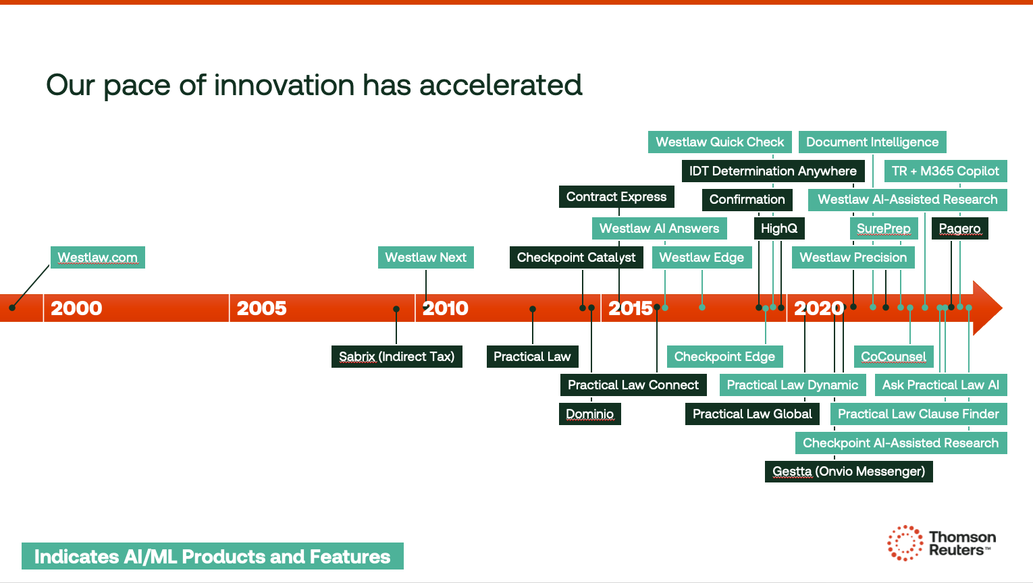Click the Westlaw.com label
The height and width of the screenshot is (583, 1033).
click(98, 257)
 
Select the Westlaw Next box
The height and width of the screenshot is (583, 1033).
click(425, 257)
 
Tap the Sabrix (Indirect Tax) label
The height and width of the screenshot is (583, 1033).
click(396, 357)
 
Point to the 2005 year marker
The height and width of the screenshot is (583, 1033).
click(261, 308)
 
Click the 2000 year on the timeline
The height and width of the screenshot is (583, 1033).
click(76, 308)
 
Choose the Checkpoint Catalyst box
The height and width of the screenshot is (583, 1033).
click(576, 257)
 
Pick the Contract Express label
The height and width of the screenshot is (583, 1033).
click(616, 197)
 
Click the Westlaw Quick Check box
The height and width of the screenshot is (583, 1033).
click(720, 142)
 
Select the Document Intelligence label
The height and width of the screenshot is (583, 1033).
click(872, 142)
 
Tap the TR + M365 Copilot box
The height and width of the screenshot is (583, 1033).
click(945, 171)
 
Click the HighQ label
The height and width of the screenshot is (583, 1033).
click(779, 228)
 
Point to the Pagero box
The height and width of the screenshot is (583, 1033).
click(959, 228)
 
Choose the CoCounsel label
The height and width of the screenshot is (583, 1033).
click(893, 357)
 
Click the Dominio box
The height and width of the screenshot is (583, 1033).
click(590, 414)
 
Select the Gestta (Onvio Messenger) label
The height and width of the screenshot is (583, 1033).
click(849, 472)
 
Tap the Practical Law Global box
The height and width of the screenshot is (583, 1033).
click(752, 414)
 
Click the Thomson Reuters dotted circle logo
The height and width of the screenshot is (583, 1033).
click(905, 543)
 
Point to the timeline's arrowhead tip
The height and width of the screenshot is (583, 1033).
click(1002, 308)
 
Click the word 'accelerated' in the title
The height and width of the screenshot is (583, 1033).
click(500, 85)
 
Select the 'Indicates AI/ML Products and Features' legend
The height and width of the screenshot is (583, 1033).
click(213, 556)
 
